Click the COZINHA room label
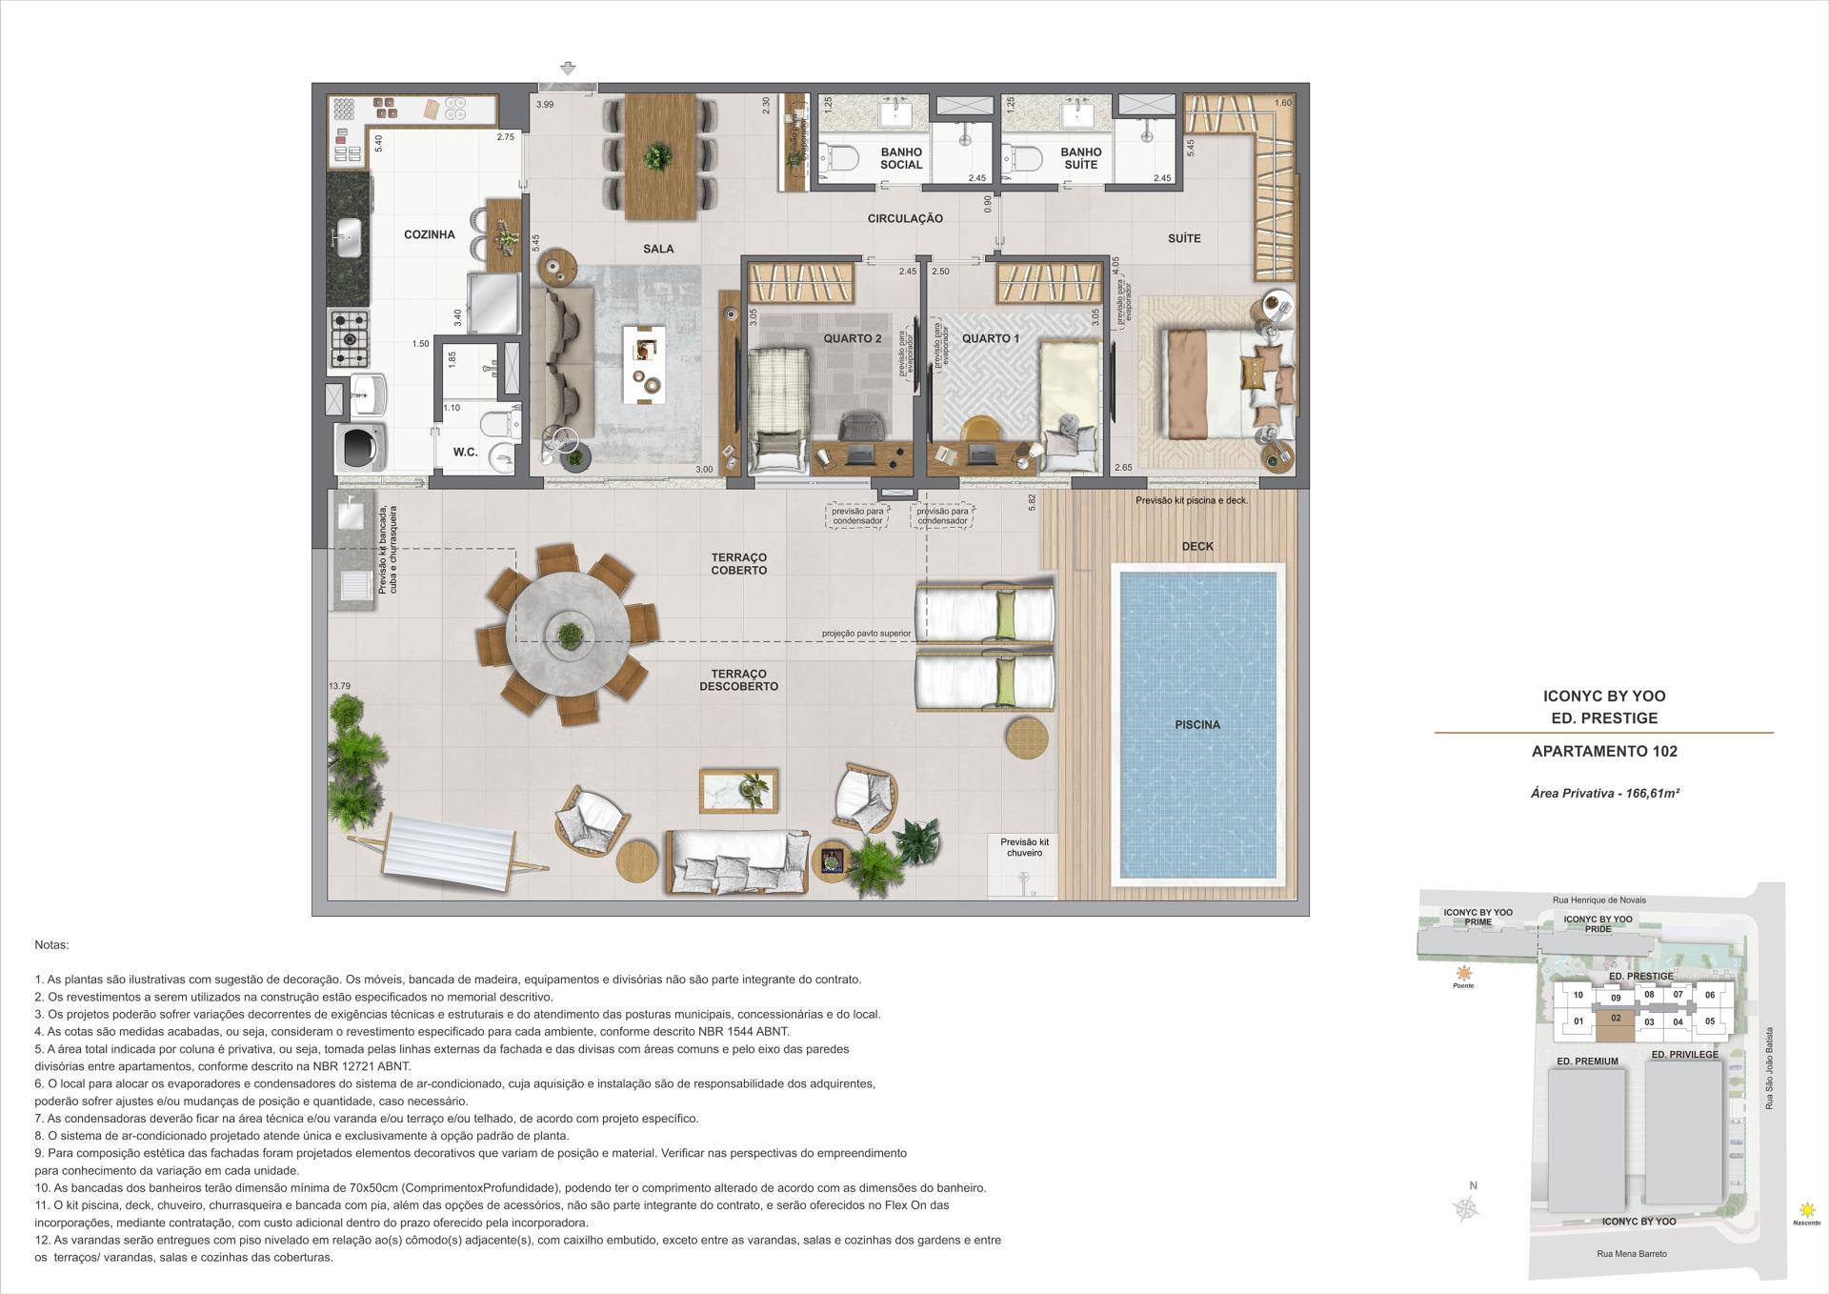(x=429, y=234)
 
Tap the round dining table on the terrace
(x=568, y=634)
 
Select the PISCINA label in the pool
(x=1196, y=724)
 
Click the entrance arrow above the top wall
(x=569, y=68)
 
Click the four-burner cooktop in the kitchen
(x=350, y=338)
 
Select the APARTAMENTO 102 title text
(x=1604, y=751)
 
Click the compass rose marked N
(x=1468, y=1208)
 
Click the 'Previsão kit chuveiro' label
(x=1024, y=847)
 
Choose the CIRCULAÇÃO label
(x=905, y=218)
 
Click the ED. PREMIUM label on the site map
(x=1587, y=1061)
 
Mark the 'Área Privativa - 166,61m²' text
(x=1604, y=793)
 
